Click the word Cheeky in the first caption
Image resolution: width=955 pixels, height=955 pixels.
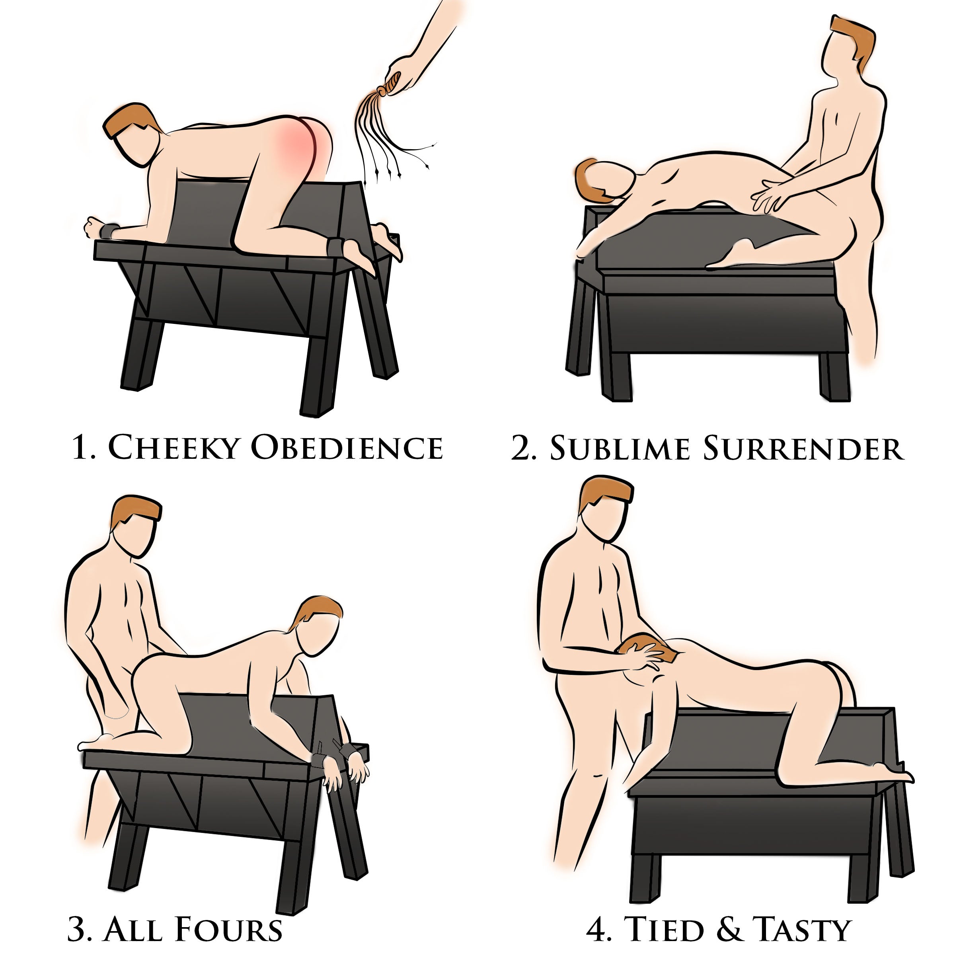coord(171,447)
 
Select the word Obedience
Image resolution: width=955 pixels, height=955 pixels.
coord(346,447)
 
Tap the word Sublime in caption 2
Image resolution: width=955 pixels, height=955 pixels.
coord(620,449)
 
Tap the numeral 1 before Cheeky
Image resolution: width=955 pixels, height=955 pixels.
coord(79,447)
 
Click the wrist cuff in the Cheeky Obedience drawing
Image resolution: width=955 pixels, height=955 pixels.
coord(110,231)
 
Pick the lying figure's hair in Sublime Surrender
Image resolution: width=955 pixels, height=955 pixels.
coord(593,183)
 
